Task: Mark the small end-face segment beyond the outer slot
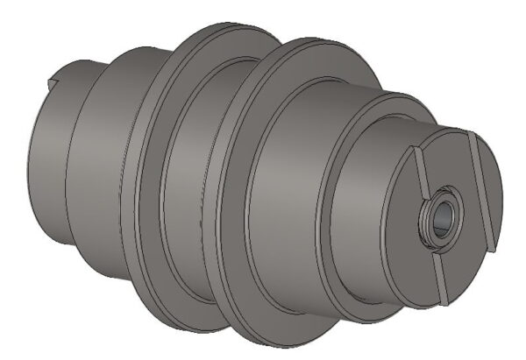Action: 493,188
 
